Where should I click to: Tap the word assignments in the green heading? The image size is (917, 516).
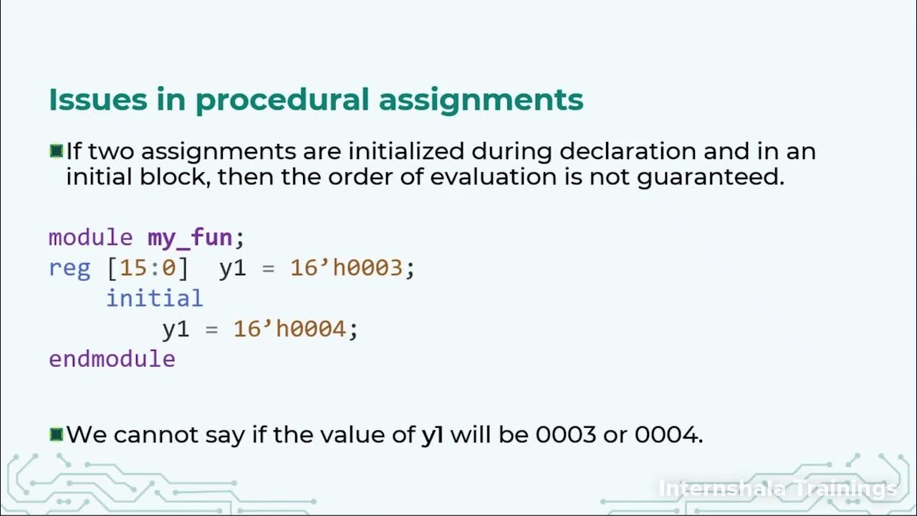[481, 100]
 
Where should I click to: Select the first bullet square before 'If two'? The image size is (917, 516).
[57, 151]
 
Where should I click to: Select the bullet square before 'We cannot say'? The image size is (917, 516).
[57, 434]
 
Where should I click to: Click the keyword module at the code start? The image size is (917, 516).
[90, 238]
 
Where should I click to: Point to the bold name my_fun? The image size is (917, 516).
[190, 238]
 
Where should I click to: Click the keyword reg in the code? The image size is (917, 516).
[69, 268]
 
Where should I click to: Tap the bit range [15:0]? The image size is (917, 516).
[148, 268]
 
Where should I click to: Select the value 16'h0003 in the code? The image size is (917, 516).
[347, 268]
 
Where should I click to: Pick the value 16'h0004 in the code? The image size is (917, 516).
[290, 329]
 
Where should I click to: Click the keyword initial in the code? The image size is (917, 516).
[155, 298]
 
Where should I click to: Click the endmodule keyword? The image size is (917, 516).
[112, 358]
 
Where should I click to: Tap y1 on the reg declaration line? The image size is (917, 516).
[233, 268]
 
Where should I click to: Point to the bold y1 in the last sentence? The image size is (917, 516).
[432, 435]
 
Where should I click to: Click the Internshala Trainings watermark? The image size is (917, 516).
[777, 489]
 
